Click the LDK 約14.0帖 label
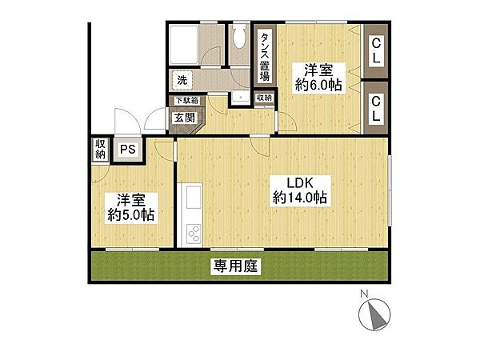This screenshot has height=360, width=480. click(298, 189)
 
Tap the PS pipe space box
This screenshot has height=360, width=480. click(127, 149)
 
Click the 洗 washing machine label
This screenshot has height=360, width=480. click(182, 80)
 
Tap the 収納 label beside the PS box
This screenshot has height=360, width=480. click(100, 149)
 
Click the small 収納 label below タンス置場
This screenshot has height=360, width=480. click(264, 98)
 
